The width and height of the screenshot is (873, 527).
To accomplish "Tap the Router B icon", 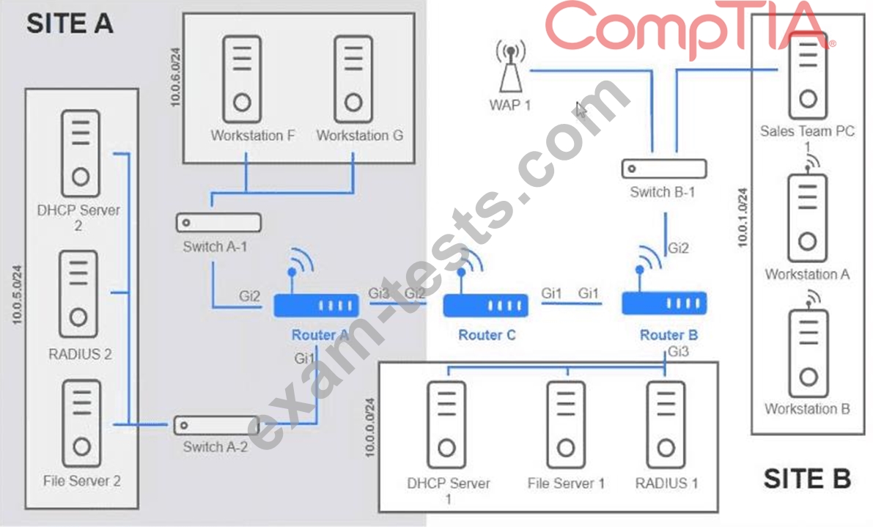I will [x=664, y=302].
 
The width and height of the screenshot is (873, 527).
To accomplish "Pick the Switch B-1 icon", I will [x=664, y=169].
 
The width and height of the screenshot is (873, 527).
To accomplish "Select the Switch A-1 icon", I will [x=218, y=222].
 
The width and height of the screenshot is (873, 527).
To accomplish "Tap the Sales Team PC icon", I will [x=807, y=73].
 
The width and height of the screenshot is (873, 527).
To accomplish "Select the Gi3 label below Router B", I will [x=678, y=352].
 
